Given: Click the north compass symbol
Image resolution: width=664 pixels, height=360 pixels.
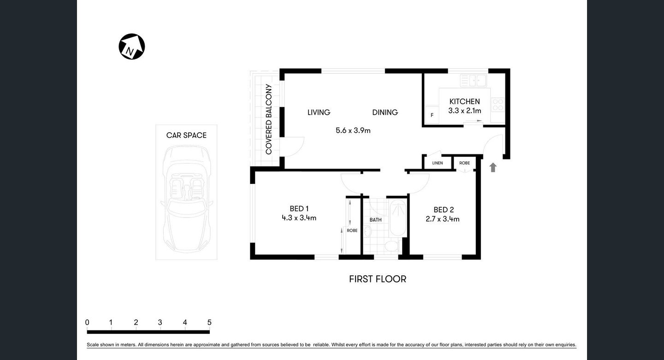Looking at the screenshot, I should [x=132, y=47].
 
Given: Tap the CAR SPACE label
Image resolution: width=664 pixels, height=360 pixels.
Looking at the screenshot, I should [x=186, y=135].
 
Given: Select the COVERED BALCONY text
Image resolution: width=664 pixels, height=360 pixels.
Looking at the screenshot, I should [x=269, y=119].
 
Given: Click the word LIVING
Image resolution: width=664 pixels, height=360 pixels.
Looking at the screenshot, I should [x=319, y=112].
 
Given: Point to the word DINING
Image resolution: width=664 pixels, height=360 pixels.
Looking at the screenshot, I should [x=385, y=112].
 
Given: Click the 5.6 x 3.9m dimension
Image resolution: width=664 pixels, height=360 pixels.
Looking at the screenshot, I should [x=353, y=130].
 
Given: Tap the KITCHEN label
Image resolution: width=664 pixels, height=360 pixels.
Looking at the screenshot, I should [x=464, y=101].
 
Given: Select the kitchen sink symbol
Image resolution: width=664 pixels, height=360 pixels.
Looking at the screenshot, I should [x=473, y=81].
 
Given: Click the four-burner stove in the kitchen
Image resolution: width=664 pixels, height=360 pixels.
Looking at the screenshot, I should [x=498, y=105].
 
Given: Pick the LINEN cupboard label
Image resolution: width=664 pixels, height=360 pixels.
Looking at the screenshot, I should [x=437, y=163].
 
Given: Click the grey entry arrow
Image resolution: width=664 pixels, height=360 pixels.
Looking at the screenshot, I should [x=493, y=167].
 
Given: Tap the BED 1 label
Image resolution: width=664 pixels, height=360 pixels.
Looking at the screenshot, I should [x=299, y=208].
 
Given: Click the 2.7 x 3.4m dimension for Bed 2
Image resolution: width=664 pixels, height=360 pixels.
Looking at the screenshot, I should [x=442, y=219].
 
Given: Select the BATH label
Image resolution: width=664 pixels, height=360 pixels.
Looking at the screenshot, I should [x=375, y=220].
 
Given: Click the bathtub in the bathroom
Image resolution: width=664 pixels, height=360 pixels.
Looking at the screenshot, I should [x=397, y=217].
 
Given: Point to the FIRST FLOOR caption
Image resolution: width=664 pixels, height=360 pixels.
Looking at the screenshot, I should [x=377, y=279].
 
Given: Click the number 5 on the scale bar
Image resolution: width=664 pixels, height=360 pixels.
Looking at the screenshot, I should [x=209, y=323].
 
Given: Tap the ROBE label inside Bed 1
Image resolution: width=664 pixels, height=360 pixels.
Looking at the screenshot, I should [x=352, y=230].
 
